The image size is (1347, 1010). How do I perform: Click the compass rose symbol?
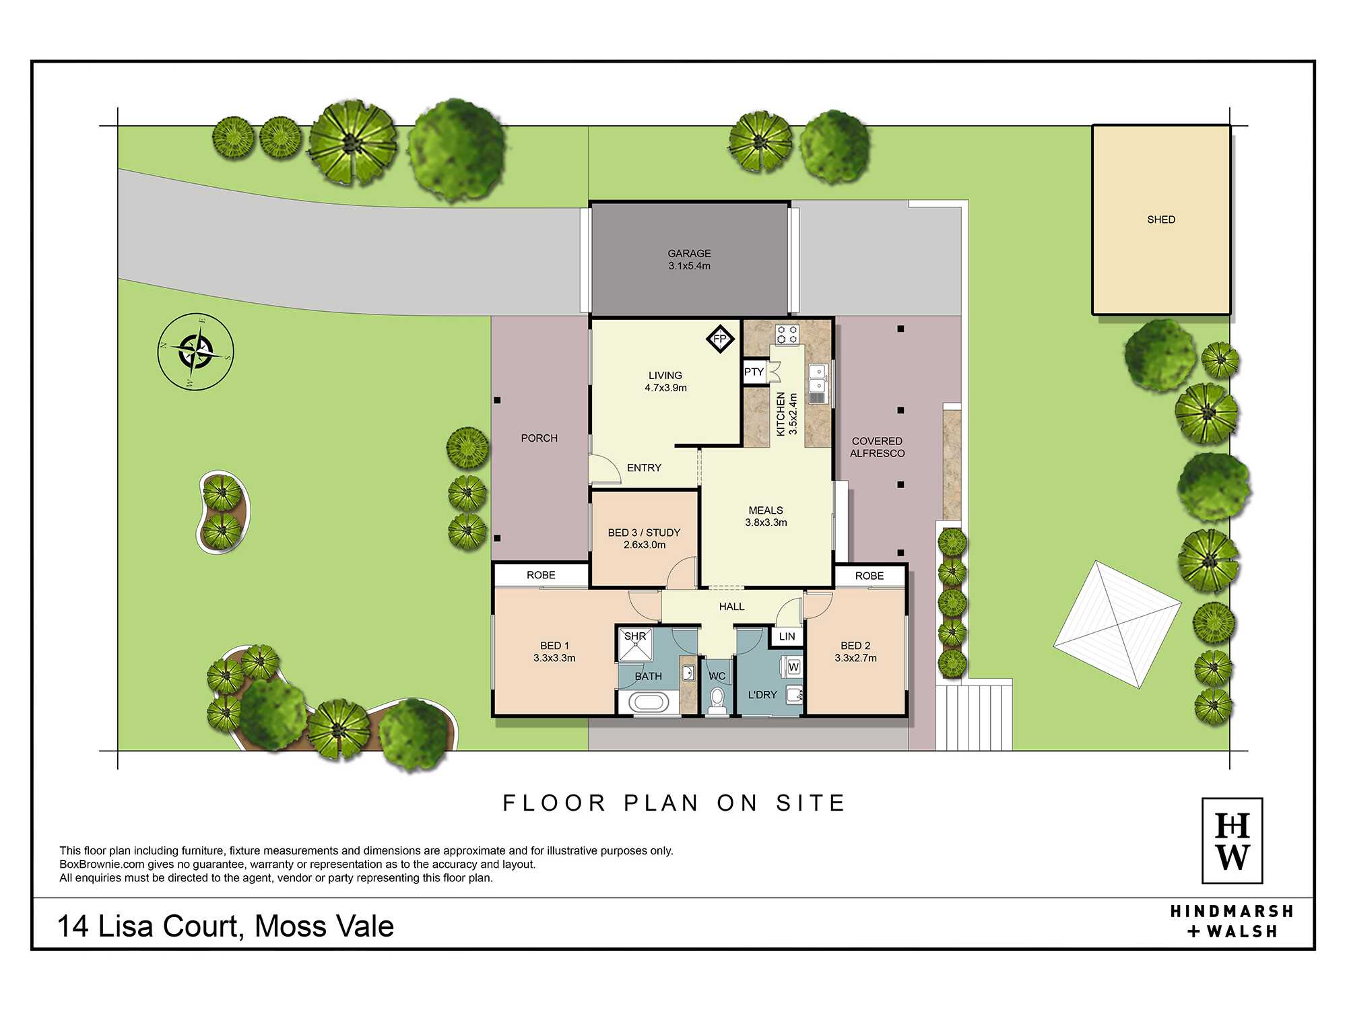tap(196, 351)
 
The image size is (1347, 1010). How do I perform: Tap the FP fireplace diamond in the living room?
tap(720, 338)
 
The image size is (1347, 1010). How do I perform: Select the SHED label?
tap(1161, 220)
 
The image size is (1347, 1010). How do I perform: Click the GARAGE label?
tap(689, 253)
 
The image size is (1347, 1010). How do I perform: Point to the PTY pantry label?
tap(754, 372)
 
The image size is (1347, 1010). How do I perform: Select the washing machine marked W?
tap(792, 667)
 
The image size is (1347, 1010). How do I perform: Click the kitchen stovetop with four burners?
tap(787, 335)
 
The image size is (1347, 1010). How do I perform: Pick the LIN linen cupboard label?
tap(787, 636)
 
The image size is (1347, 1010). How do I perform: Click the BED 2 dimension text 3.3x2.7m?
tap(855, 658)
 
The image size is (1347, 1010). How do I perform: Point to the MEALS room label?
tap(766, 510)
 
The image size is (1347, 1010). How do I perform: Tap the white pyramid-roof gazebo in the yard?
tap(1117, 625)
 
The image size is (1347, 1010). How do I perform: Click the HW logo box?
tap(1232, 840)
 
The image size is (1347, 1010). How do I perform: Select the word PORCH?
tap(539, 438)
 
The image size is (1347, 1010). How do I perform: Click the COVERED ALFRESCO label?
tap(877, 447)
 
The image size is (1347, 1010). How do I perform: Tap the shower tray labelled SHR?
tap(635, 644)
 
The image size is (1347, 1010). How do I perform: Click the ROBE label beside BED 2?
tap(869, 576)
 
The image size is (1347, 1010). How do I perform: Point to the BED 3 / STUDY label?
tap(644, 533)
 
